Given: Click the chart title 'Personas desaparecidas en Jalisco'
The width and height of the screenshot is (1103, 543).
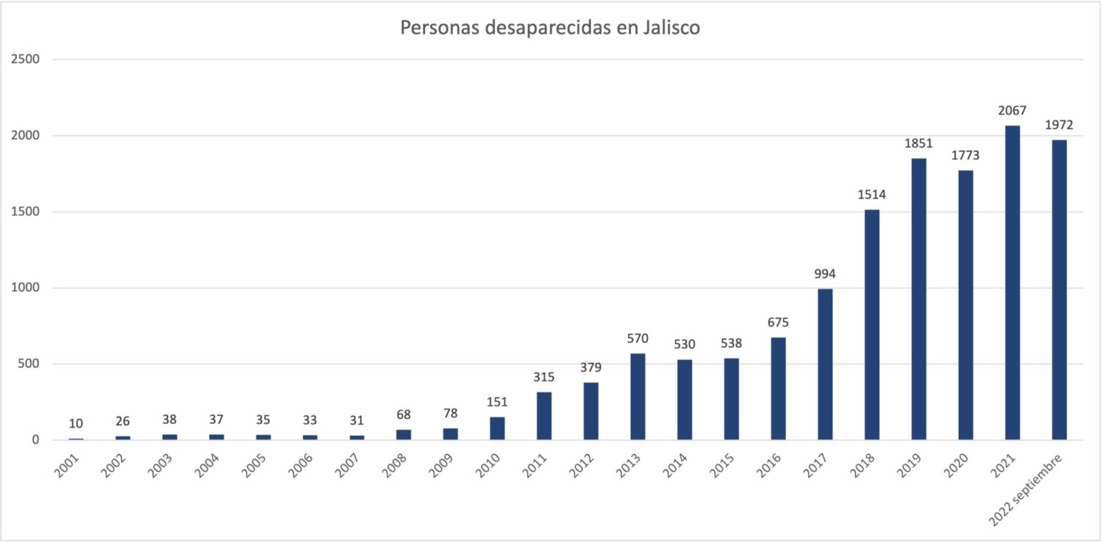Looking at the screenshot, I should [x=550, y=28].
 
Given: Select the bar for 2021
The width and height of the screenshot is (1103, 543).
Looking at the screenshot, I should [x=1013, y=283].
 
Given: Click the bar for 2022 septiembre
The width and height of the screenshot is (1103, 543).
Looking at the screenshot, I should [x=1059, y=290].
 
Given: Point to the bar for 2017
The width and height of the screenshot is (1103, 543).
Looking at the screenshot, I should [x=825, y=364].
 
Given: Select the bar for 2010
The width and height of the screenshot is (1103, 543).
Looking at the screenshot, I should [x=497, y=428].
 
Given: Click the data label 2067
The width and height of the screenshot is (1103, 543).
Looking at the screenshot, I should [x=1013, y=111].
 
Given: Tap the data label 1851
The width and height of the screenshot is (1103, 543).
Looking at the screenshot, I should [x=918, y=144].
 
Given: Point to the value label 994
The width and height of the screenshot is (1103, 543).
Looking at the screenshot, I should [x=825, y=274].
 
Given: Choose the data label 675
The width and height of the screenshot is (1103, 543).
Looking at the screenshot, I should [x=778, y=323].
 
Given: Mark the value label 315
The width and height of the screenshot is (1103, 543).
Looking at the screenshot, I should [x=544, y=377].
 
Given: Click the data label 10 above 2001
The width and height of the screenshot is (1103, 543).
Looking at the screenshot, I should [x=76, y=423].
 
